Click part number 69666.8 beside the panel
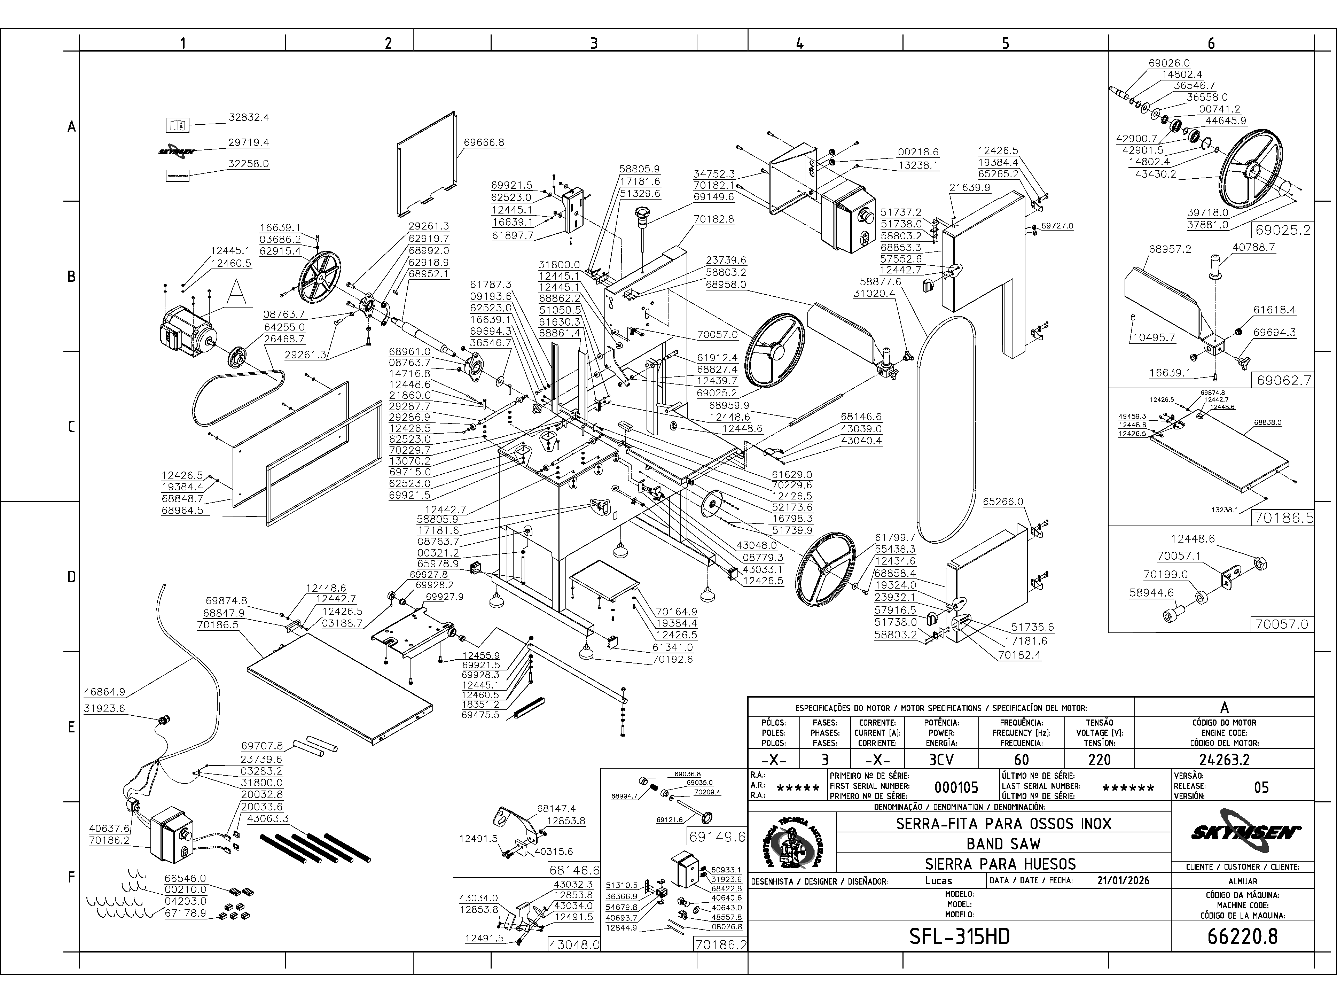point(484,143)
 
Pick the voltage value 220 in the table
point(1099,759)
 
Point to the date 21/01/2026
point(1123,880)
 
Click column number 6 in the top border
point(1211,43)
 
